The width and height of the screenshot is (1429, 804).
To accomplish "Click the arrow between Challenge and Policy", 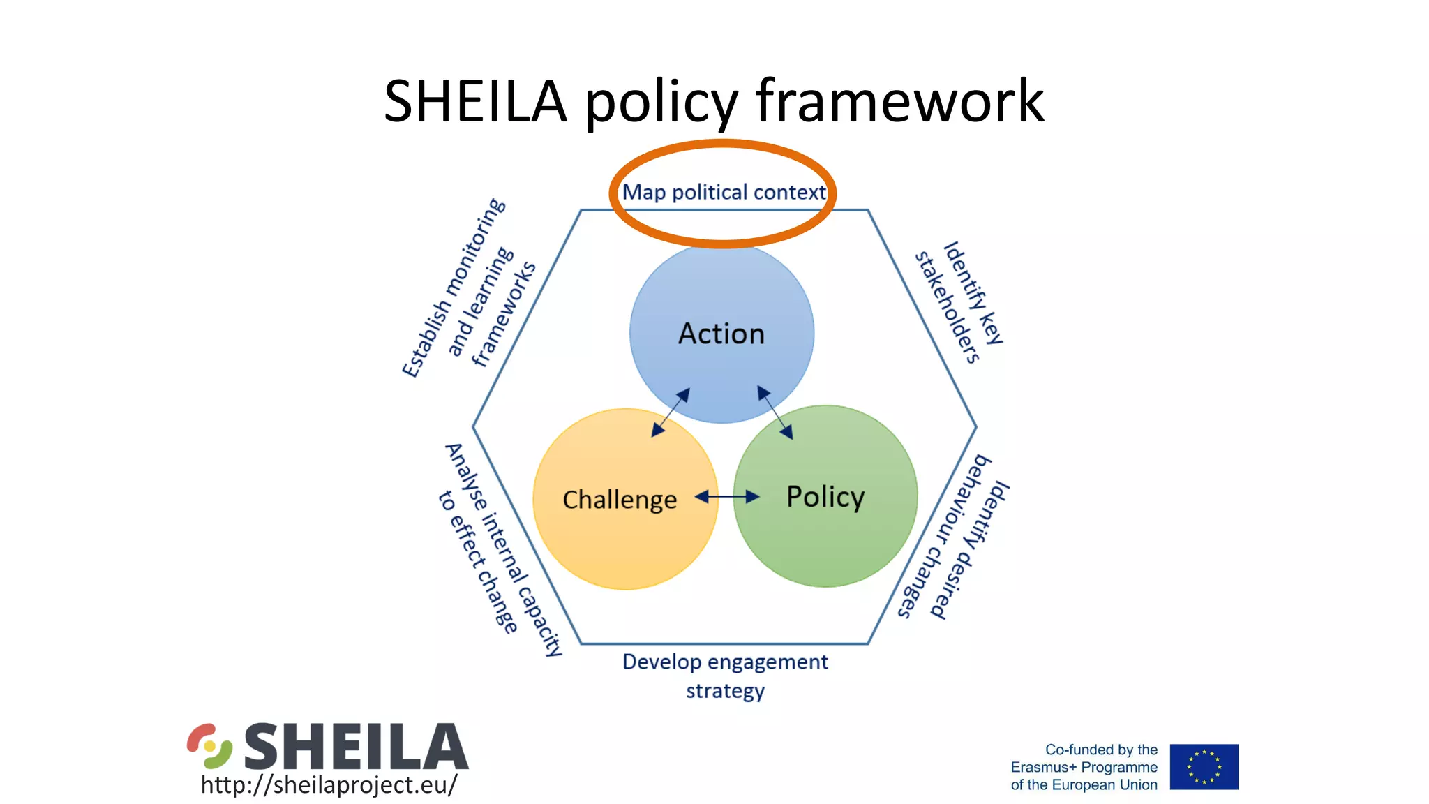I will tap(727, 497).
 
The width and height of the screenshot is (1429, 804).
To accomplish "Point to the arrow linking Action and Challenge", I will tap(671, 412).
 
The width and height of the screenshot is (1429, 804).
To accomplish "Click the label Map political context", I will tap(724, 192).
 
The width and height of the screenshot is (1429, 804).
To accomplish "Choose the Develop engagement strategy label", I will tap(725, 676).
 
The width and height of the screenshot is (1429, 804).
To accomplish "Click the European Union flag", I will tap(1204, 766).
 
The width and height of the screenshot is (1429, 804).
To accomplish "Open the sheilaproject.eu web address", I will tap(329, 784).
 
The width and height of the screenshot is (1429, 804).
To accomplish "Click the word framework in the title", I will tap(899, 101).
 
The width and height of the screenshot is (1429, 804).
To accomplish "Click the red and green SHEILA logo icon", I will tap(209, 746).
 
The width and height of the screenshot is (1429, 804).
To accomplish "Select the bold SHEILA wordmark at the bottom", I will tap(356, 746).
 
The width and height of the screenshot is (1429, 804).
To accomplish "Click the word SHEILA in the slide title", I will tap(475, 101).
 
